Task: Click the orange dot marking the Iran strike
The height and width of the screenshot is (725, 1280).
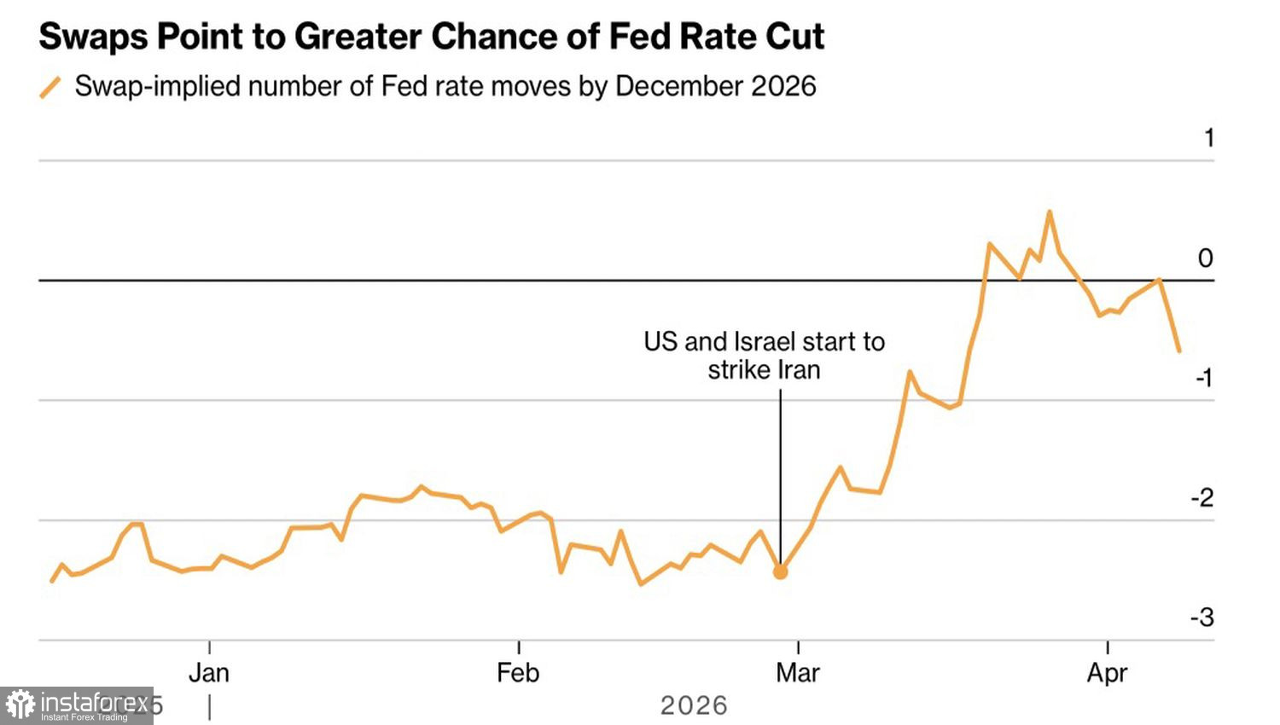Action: point(780,572)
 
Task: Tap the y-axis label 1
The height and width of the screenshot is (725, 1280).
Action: point(1208,138)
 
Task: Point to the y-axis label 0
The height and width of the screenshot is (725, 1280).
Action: point(1205,258)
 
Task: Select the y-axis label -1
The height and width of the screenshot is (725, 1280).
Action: point(1203,378)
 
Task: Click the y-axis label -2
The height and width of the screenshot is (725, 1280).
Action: point(1201,498)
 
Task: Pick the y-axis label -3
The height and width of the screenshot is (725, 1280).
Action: point(1201,618)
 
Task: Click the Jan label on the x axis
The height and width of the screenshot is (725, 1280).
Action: point(209,673)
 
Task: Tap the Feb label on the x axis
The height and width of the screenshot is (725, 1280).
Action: point(518,673)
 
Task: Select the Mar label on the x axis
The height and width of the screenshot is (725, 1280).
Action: point(797,673)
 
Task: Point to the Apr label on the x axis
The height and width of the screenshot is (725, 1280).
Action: point(1107,673)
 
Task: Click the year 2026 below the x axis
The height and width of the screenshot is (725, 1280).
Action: point(694,706)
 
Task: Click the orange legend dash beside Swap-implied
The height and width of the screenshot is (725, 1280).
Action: point(50,87)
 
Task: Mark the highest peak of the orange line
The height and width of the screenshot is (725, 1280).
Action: point(1049,212)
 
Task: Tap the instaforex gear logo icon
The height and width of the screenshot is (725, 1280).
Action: point(20,705)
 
